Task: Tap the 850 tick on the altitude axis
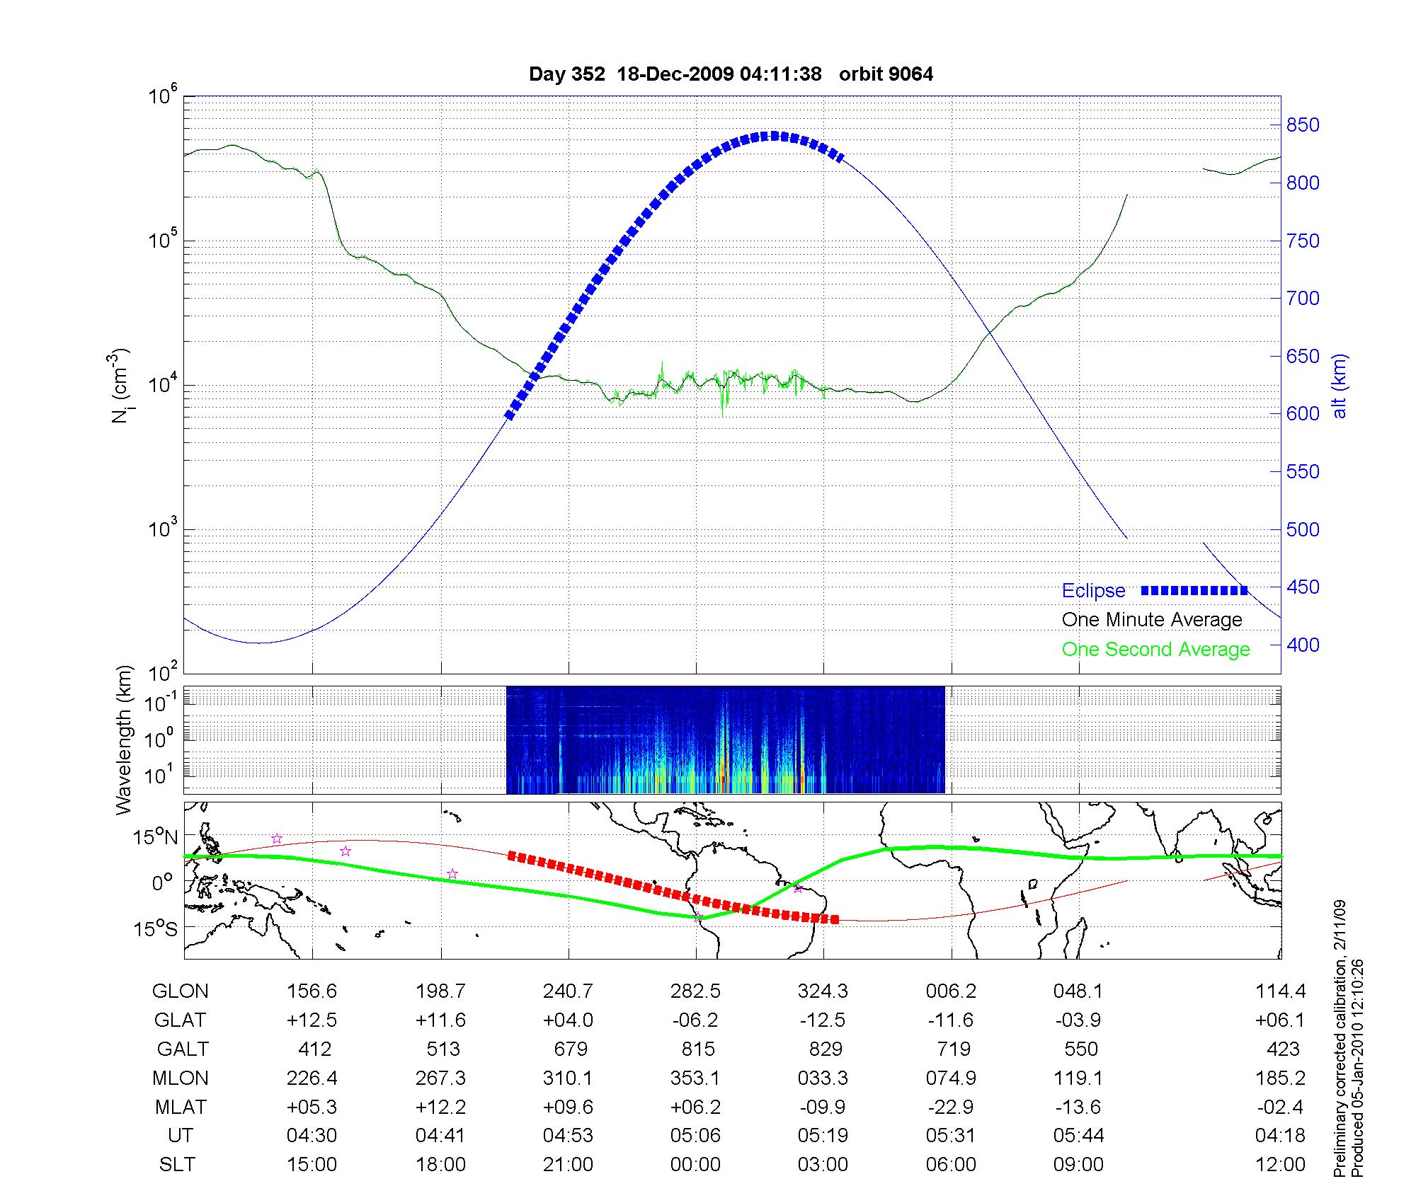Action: (x=1303, y=125)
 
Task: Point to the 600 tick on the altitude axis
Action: (x=1303, y=414)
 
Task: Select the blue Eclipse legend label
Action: (x=1093, y=591)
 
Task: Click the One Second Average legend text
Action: (x=1155, y=650)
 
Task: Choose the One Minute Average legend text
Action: (x=1152, y=620)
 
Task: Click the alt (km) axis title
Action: (x=1340, y=386)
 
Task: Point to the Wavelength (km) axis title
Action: (x=124, y=739)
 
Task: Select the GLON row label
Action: (x=181, y=991)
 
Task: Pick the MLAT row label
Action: (x=181, y=1107)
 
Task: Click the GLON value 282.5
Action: (x=695, y=991)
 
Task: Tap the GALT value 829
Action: (x=825, y=1049)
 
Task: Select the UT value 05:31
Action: (x=951, y=1136)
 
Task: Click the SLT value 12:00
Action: (x=1280, y=1165)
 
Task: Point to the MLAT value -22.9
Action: (x=951, y=1107)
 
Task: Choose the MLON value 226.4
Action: (x=312, y=1078)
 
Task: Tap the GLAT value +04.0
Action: (x=568, y=1020)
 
